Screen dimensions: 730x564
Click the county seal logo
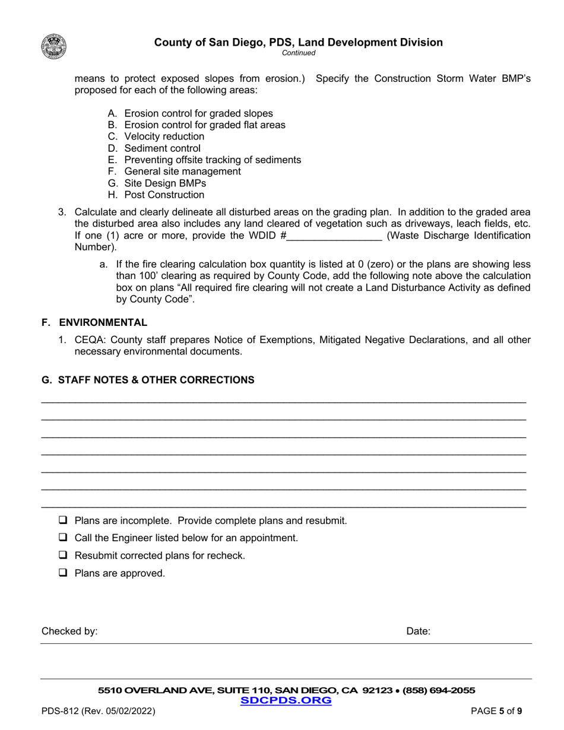(54, 46)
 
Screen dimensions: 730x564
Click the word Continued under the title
(298, 53)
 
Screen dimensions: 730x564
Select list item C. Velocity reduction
(156, 137)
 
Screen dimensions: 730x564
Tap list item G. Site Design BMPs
(157, 183)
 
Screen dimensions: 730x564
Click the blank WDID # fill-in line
(334, 236)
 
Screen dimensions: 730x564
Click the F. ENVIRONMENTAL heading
(94, 322)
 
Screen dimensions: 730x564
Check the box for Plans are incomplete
(62, 520)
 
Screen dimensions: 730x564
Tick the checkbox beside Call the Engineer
(62, 538)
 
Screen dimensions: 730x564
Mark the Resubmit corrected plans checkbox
(62, 556)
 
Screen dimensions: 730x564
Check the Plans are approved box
(62, 573)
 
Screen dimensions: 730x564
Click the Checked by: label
(69, 632)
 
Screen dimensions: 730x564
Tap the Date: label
(419, 632)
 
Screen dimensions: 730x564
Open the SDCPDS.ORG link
(286, 701)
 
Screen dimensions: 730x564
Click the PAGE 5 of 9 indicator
(496, 711)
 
